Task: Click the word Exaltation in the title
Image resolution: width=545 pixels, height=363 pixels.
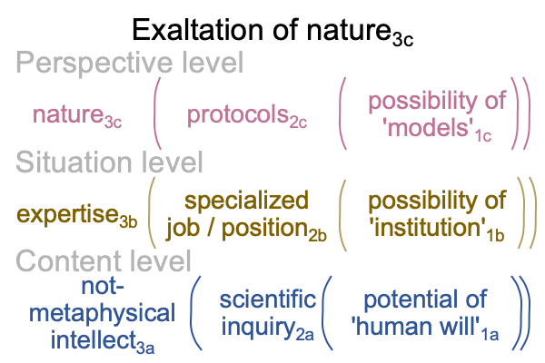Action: click(197, 30)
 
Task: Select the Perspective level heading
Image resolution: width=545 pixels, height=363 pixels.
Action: click(130, 64)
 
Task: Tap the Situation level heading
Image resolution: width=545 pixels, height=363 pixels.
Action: click(109, 162)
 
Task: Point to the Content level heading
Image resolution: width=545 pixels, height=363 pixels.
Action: click(104, 260)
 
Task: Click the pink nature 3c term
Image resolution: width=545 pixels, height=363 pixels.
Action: click(77, 115)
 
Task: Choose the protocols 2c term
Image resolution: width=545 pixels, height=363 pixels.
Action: click(247, 116)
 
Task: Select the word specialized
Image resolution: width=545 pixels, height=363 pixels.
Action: click(246, 201)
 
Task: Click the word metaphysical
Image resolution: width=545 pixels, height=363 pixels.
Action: click(102, 314)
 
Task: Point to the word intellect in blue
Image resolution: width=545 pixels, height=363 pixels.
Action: click(94, 339)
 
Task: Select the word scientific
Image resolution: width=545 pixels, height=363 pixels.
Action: click(268, 299)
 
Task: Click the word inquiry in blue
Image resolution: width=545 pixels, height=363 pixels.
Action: click(259, 327)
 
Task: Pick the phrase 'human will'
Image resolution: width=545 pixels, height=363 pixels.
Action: click(416, 326)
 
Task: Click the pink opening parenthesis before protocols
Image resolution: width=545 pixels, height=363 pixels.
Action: click(157, 113)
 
